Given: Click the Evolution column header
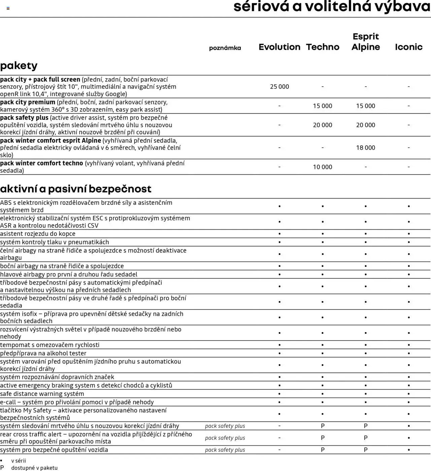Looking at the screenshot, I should click(279, 47).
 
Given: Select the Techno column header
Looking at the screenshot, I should click(322, 47).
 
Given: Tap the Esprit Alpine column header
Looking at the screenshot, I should click(365, 42).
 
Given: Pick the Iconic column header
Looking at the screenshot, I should click(408, 47).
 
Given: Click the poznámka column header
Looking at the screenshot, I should click(225, 48).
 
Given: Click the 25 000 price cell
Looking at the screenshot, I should click(279, 87).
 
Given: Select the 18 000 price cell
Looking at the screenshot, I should click(365, 148).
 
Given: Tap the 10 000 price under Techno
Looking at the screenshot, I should click(322, 167).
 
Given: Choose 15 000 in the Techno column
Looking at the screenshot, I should click(322, 106).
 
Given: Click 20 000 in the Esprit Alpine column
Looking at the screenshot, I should click(365, 125).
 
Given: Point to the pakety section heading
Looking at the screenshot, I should click(19, 65).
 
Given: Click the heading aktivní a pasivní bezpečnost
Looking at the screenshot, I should click(76, 189).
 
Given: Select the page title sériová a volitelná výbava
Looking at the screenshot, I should click(332, 7).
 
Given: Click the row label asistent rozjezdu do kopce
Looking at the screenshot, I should click(38, 234).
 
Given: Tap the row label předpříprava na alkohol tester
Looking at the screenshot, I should click(43, 353).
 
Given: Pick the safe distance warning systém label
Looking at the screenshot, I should click(42, 394).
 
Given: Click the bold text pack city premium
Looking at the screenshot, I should click(28, 102).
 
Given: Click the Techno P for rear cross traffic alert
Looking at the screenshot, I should click(322, 438).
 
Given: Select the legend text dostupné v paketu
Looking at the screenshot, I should click(34, 468).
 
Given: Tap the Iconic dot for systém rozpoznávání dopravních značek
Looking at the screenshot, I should click(408, 377).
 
